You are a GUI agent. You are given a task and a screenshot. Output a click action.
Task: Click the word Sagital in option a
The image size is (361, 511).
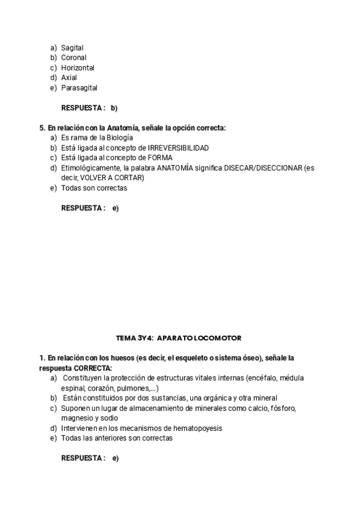(72, 48)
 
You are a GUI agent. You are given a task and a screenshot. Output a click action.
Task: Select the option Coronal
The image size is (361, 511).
(73, 58)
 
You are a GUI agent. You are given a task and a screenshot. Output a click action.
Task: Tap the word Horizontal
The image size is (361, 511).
(78, 68)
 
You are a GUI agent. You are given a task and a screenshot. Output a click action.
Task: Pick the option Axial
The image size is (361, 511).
(69, 78)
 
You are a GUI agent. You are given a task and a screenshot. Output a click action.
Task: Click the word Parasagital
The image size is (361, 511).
(79, 88)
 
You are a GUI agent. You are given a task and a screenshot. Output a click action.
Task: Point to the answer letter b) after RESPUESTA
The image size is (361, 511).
(114, 108)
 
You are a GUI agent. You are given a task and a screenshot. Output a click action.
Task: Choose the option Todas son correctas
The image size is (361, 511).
(94, 188)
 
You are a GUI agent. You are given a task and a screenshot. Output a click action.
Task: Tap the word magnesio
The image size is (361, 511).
(77, 418)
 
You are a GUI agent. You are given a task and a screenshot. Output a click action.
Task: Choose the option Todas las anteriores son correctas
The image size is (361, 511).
(117, 439)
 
